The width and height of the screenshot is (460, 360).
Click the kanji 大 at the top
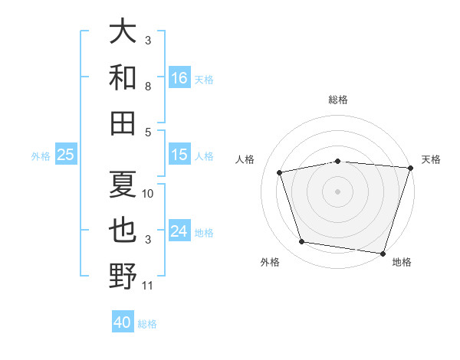tap(123, 31)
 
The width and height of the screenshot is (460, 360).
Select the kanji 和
tap(123, 77)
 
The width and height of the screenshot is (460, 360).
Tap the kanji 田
tap(123, 123)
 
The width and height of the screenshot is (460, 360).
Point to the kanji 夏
tap(123, 184)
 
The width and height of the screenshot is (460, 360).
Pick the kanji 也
tap(123, 230)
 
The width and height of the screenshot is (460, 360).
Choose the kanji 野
tap(123, 276)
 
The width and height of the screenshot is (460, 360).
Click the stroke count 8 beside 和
tap(148, 87)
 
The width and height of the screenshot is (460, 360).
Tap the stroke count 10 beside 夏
tap(147, 194)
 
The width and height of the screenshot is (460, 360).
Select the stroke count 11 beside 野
tap(147, 286)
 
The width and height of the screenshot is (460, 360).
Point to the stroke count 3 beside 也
tap(148, 240)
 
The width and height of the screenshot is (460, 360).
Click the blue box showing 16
tap(179, 77)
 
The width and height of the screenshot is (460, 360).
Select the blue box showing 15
tap(179, 154)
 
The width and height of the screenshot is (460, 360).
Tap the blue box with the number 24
tap(179, 230)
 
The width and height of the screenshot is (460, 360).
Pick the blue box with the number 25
tap(66, 154)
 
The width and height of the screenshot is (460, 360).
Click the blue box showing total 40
tap(123, 321)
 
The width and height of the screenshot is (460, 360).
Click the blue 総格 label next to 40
tap(147, 324)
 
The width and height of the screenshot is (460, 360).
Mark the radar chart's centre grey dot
tap(337, 191)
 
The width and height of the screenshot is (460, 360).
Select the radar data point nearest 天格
tap(411, 168)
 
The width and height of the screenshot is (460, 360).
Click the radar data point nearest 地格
tap(383, 254)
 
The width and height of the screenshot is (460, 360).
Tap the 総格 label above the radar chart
tap(338, 100)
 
